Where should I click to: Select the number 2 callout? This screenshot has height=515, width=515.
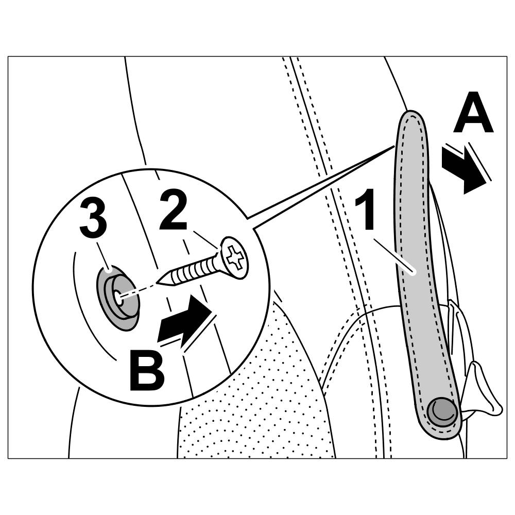tap(173, 210)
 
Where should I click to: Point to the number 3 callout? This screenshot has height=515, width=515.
tap(93, 219)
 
